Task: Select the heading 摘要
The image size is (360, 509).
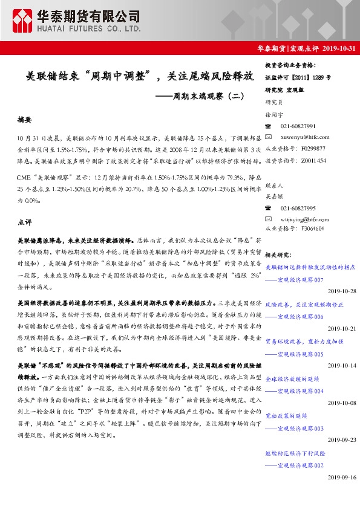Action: (24, 120)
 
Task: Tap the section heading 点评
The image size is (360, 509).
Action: (25, 221)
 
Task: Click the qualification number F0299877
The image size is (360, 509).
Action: (312, 148)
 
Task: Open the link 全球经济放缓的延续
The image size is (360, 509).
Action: (292, 379)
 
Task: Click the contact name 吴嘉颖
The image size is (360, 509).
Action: (273, 195)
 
